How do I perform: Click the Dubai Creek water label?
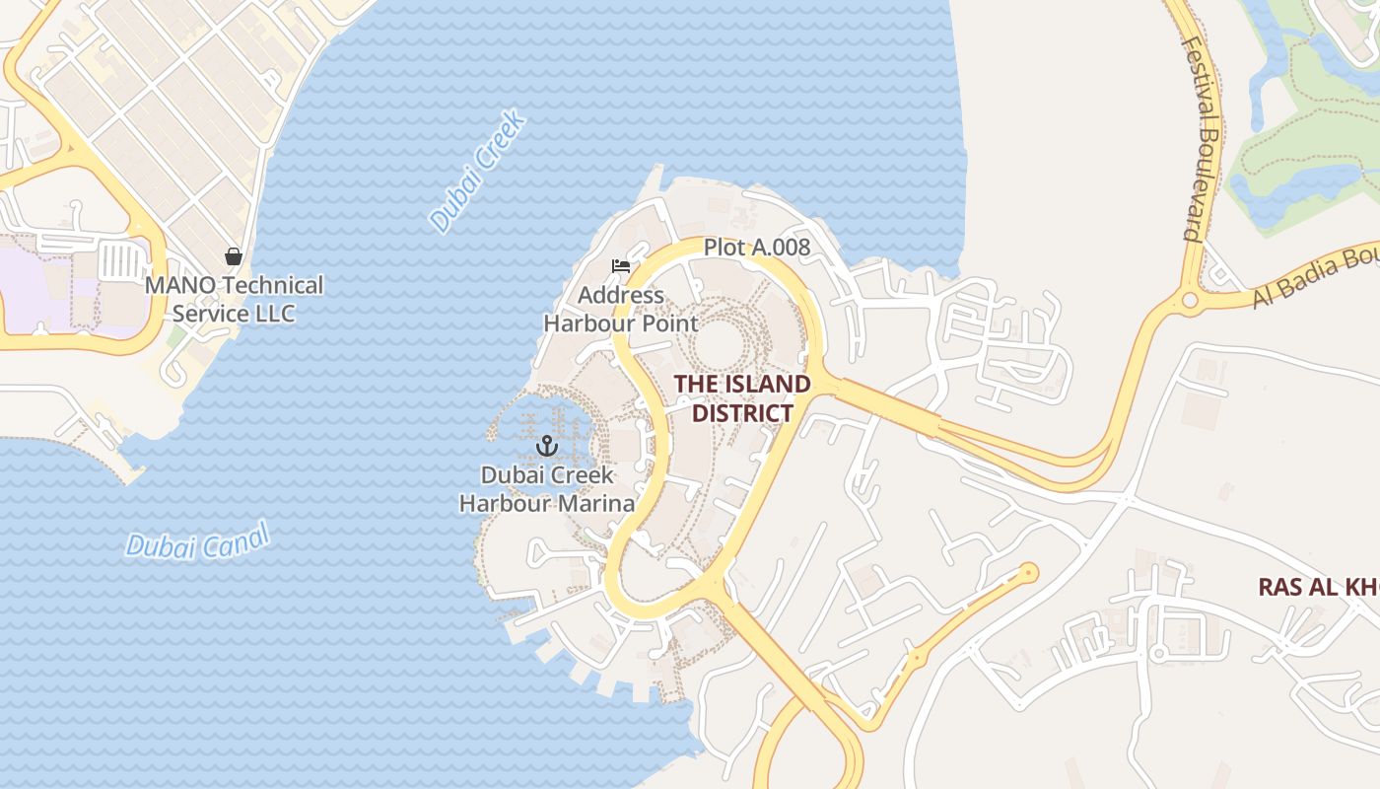(478, 174)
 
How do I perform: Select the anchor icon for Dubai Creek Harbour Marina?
(547, 446)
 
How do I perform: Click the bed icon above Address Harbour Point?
(620, 266)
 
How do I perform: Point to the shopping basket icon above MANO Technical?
(234, 256)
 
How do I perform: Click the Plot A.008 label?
(756, 248)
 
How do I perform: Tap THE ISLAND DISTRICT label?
(742, 398)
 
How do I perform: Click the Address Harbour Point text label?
(621, 309)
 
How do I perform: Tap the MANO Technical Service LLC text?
(234, 299)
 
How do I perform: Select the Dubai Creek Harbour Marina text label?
(547, 489)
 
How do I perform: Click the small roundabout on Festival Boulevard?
(1190, 299)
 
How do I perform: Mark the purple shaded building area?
(39, 286)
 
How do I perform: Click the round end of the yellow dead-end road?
(1029, 571)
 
